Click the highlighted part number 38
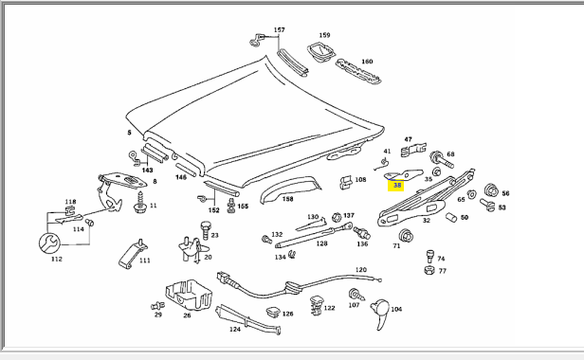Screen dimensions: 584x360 point(397,185)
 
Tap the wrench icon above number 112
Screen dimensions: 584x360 point(49,243)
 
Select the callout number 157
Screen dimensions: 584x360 point(280,29)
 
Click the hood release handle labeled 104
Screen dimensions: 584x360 point(380,313)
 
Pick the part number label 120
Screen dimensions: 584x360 point(361,270)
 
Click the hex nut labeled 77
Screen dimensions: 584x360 point(429,270)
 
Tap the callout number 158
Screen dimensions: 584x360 point(287,199)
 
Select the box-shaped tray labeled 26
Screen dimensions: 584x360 point(189,295)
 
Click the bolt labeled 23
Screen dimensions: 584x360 point(206,230)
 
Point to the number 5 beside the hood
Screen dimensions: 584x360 point(129,133)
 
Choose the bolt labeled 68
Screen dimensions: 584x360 point(442,160)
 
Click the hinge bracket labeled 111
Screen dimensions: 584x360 point(133,254)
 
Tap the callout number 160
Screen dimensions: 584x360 point(367,62)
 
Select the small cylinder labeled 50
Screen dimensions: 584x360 point(451,217)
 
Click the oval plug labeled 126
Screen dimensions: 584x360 point(273,313)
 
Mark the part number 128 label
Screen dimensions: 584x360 point(321,243)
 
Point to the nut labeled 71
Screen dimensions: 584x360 point(406,236)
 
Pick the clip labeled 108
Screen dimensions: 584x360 point(346,181)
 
